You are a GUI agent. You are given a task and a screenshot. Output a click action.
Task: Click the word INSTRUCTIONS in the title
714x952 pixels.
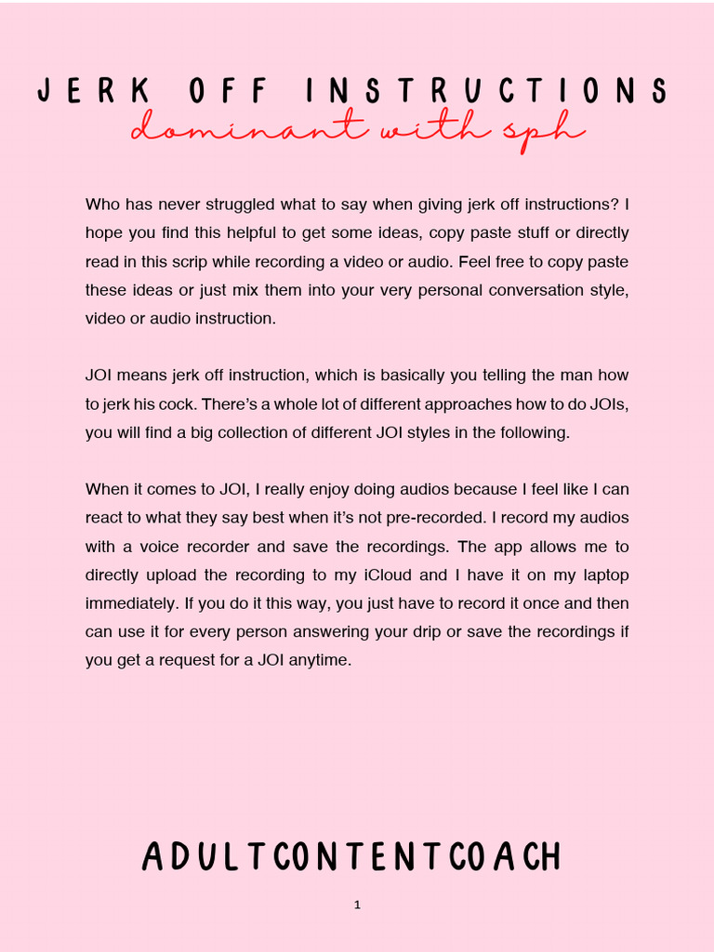coord(485,91)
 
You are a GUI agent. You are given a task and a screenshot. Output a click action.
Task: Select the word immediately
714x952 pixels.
coord(131,603)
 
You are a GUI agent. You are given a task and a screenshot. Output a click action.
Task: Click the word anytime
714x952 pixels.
coord(320,661)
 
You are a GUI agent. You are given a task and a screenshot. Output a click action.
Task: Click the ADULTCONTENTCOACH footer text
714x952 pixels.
coord(352,856)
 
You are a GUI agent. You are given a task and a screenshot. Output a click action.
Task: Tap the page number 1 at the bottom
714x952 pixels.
coord(357,905)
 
